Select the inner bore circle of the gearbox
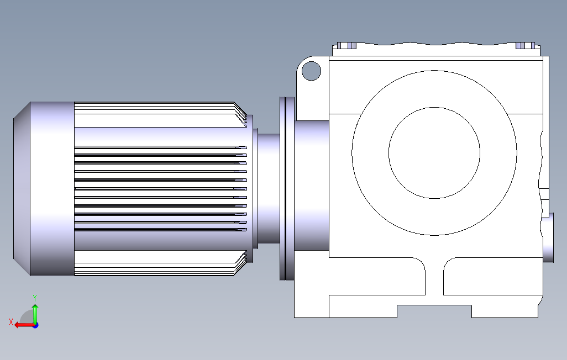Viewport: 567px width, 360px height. point(434,107)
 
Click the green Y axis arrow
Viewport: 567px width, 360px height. point(35,313)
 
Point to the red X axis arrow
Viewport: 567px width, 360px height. point(24,325)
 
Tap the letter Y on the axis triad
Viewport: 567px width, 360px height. point(35,298)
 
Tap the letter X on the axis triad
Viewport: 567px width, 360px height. point(11,322)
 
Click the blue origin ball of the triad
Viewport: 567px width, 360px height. point(35,325)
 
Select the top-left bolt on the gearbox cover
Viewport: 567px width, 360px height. point(347,45)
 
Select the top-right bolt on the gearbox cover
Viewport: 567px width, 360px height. point(526,45)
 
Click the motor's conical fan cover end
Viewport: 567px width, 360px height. point(22,189)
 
